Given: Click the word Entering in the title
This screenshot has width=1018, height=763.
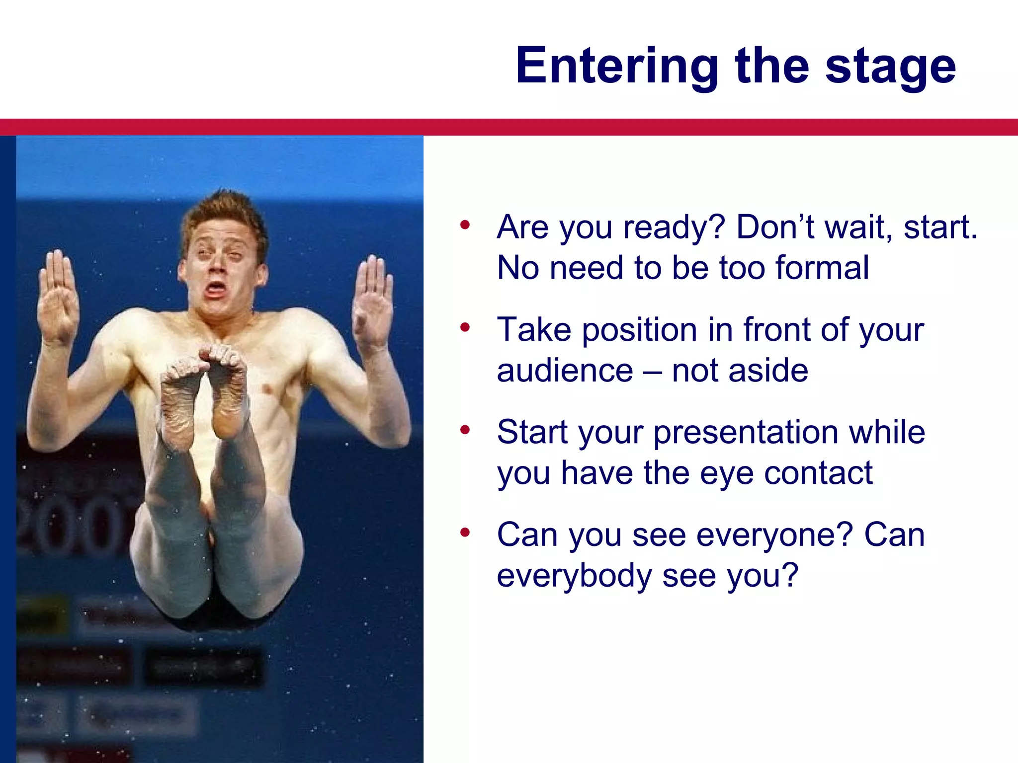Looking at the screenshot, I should coord(617,66).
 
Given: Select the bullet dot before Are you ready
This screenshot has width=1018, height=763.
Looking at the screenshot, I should coord(465,225).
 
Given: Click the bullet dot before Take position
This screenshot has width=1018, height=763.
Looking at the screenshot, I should coord(465,327).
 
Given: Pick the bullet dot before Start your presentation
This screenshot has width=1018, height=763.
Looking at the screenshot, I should coord(465,430).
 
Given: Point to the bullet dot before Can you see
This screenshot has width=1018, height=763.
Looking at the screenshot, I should coord(465,533).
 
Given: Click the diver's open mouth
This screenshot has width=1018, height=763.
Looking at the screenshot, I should coord(215,289).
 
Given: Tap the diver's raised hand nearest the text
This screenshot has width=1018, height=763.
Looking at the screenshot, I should coord(373,303).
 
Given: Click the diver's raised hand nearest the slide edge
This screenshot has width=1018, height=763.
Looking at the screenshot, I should coord(59,298).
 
